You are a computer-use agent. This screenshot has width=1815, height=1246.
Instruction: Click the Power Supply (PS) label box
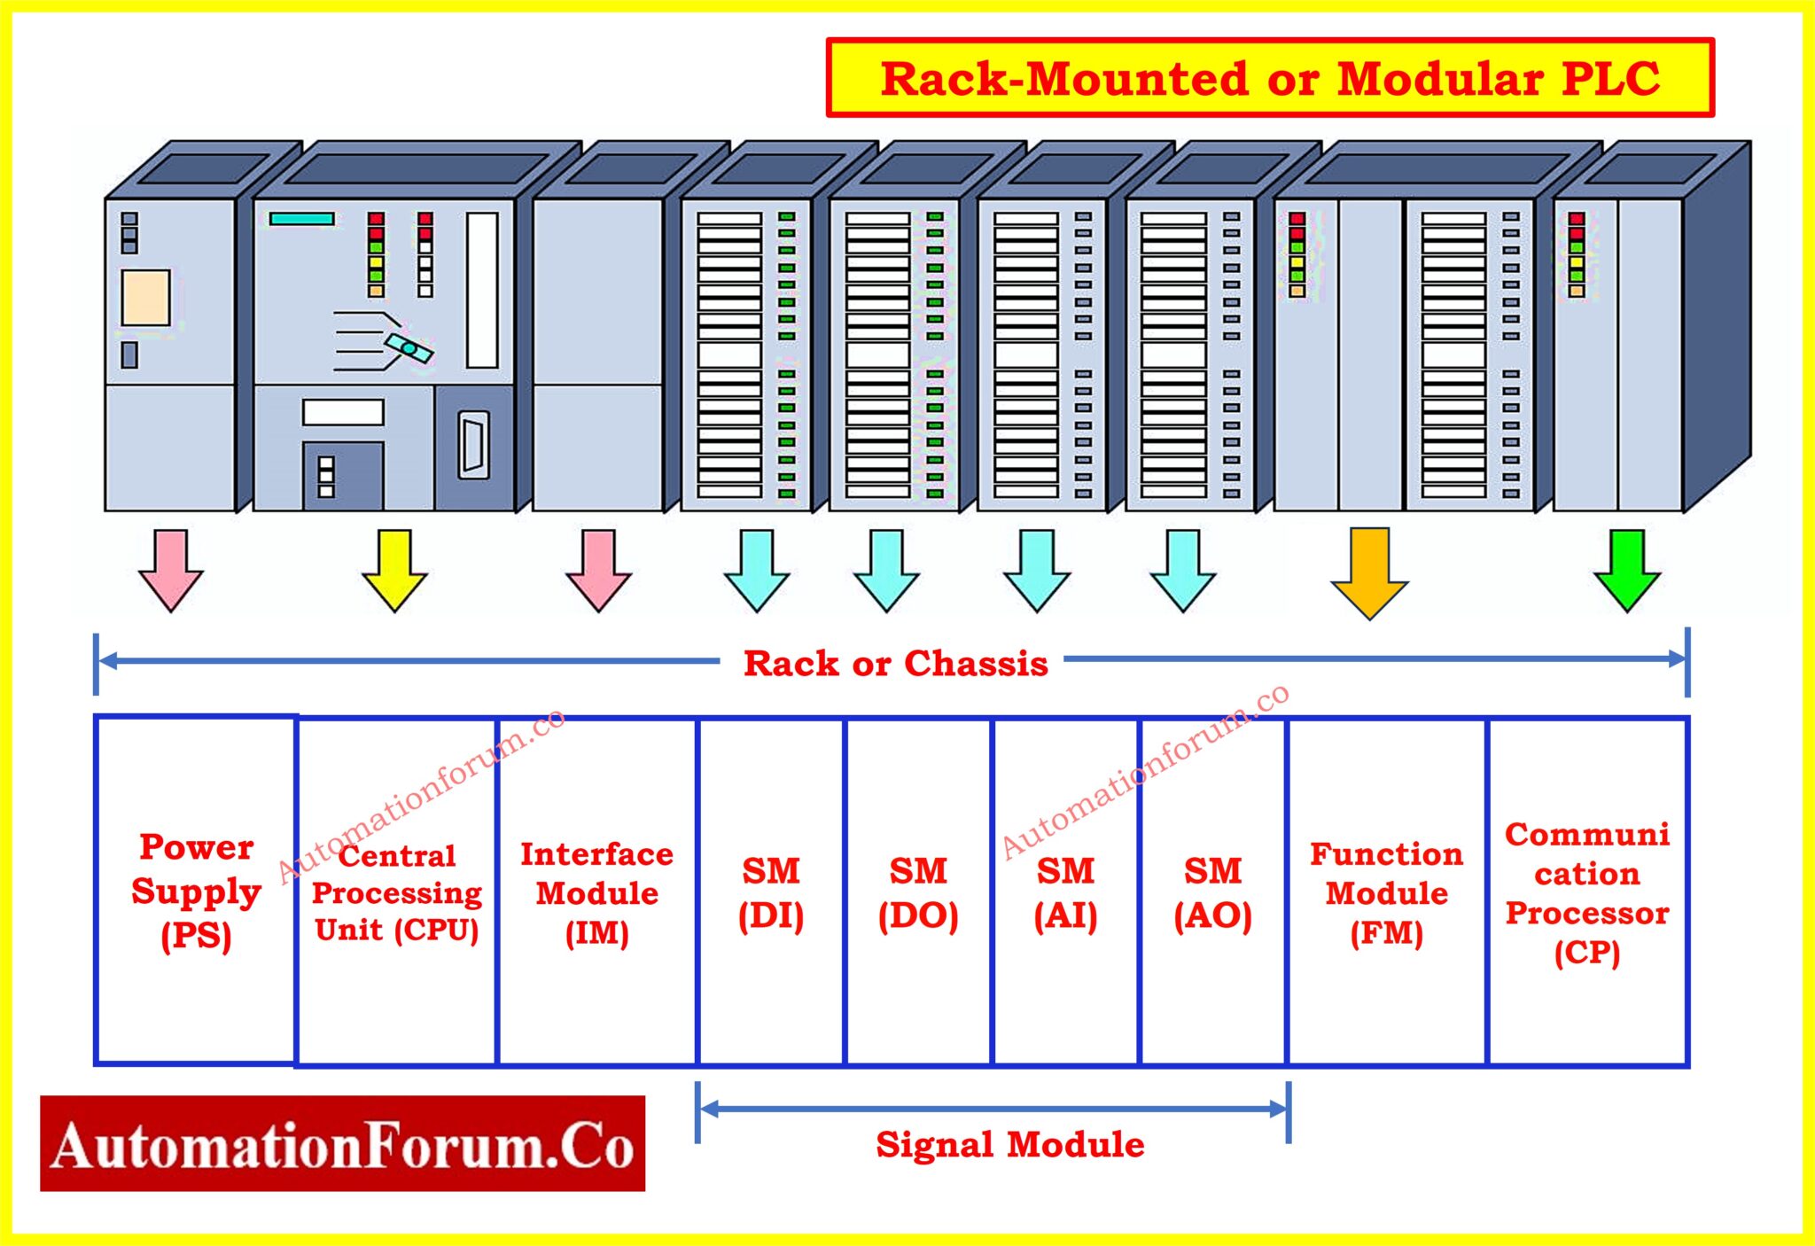pyautogui.click(x=196, y=891)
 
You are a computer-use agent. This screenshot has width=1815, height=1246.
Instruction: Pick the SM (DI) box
pyautogui.click(x=771, y=892)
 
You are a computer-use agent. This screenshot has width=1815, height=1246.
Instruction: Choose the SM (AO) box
pyautogui.click(x=1212, y=892)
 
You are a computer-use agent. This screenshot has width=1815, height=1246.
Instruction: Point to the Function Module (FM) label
pyautogui.click(x=1386, y=892)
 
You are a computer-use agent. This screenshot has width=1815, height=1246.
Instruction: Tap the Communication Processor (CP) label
pyautogui.click(x=1587, y=892)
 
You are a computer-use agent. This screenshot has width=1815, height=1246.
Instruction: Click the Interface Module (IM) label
pyautogui.click(x=596, y=892)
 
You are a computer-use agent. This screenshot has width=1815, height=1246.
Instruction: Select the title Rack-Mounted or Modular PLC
pyautogui.click(x=1270, y=78)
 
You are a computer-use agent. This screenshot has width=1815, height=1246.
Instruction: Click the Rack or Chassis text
pyautogui.click(x=895, y=663)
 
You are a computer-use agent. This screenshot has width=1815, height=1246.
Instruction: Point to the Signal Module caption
pyautogui.click(x=1009, y=1144)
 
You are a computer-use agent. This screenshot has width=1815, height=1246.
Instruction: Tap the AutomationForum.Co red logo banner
pyautogui.click(x=342, y=1144)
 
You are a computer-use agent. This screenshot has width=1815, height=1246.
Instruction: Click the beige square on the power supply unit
pyautogui.click(x=146, y=298)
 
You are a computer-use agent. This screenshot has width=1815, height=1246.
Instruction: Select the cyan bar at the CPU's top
pyautogui.click(x=302, y=218)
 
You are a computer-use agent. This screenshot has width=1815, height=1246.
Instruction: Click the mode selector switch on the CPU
pyautogui.click(x=408, y=348)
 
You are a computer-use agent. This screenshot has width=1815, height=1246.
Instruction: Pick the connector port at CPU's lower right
pyautogui.click(x=473, y=446)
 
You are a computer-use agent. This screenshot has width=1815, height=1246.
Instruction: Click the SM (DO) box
pyautogui.click(x=918, y=892)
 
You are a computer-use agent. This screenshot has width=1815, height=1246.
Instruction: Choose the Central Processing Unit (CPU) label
pyautogui.click(x=396, y=892)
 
